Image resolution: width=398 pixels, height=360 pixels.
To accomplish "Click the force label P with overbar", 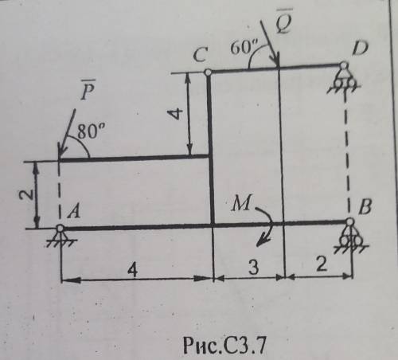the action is tap(88, 90).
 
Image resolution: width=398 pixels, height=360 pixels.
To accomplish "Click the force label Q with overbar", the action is tap(284, 21).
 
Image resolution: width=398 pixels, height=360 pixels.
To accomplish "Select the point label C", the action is tap(200, 55).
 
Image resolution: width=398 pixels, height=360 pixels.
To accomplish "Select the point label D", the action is tap(360, 48).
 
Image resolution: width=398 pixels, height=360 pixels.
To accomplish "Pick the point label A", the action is tap(73, 212).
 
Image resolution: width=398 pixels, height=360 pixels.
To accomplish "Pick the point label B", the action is tap(365, 207).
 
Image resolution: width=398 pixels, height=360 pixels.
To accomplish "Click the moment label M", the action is tap(241, 203).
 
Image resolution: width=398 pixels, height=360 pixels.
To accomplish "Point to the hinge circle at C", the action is tap(208, 72).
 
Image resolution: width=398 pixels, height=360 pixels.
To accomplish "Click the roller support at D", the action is tap(344, 77).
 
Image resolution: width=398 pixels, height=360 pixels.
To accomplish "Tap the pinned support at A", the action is tap(60, 235).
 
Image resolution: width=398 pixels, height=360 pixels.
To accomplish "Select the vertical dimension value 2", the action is tap(26, 194).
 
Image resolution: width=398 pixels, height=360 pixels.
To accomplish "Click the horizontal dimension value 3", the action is tap(253, 267).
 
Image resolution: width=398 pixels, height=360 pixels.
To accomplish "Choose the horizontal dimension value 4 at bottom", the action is tap(132, 271).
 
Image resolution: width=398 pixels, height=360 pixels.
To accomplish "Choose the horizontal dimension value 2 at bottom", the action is tap(322, 264).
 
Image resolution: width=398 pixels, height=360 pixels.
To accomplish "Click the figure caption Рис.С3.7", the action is tap(224, 345).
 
